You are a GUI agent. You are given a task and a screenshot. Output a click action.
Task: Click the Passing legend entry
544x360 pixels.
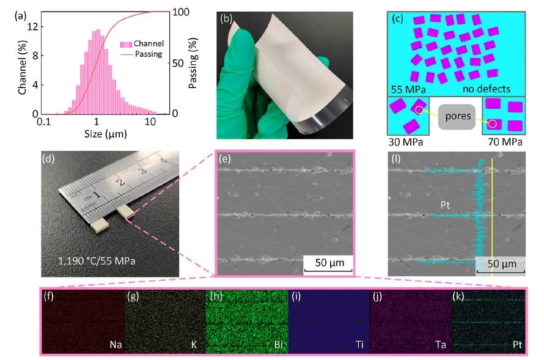pos(149,54)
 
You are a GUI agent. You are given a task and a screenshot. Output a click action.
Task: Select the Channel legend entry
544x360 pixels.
pos(149,44)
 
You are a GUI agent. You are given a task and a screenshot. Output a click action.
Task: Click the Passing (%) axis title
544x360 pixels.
pos(194,63)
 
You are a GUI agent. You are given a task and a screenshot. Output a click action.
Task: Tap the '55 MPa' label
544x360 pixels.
pos(410,89)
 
